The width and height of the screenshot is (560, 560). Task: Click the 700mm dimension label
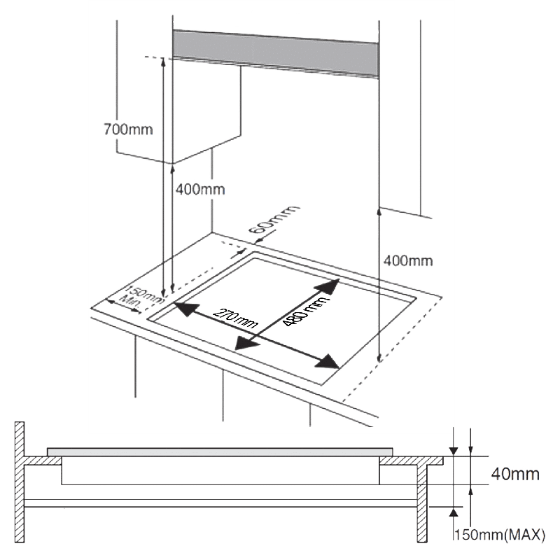(x=127, y=129)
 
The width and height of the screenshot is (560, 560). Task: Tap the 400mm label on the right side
(x=409, y=261)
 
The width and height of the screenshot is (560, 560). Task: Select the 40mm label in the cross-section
(x=514, y=475)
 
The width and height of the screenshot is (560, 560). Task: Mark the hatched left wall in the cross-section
(x=20, y=483)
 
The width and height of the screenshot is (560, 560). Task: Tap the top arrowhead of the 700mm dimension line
(x=162, y=62)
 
